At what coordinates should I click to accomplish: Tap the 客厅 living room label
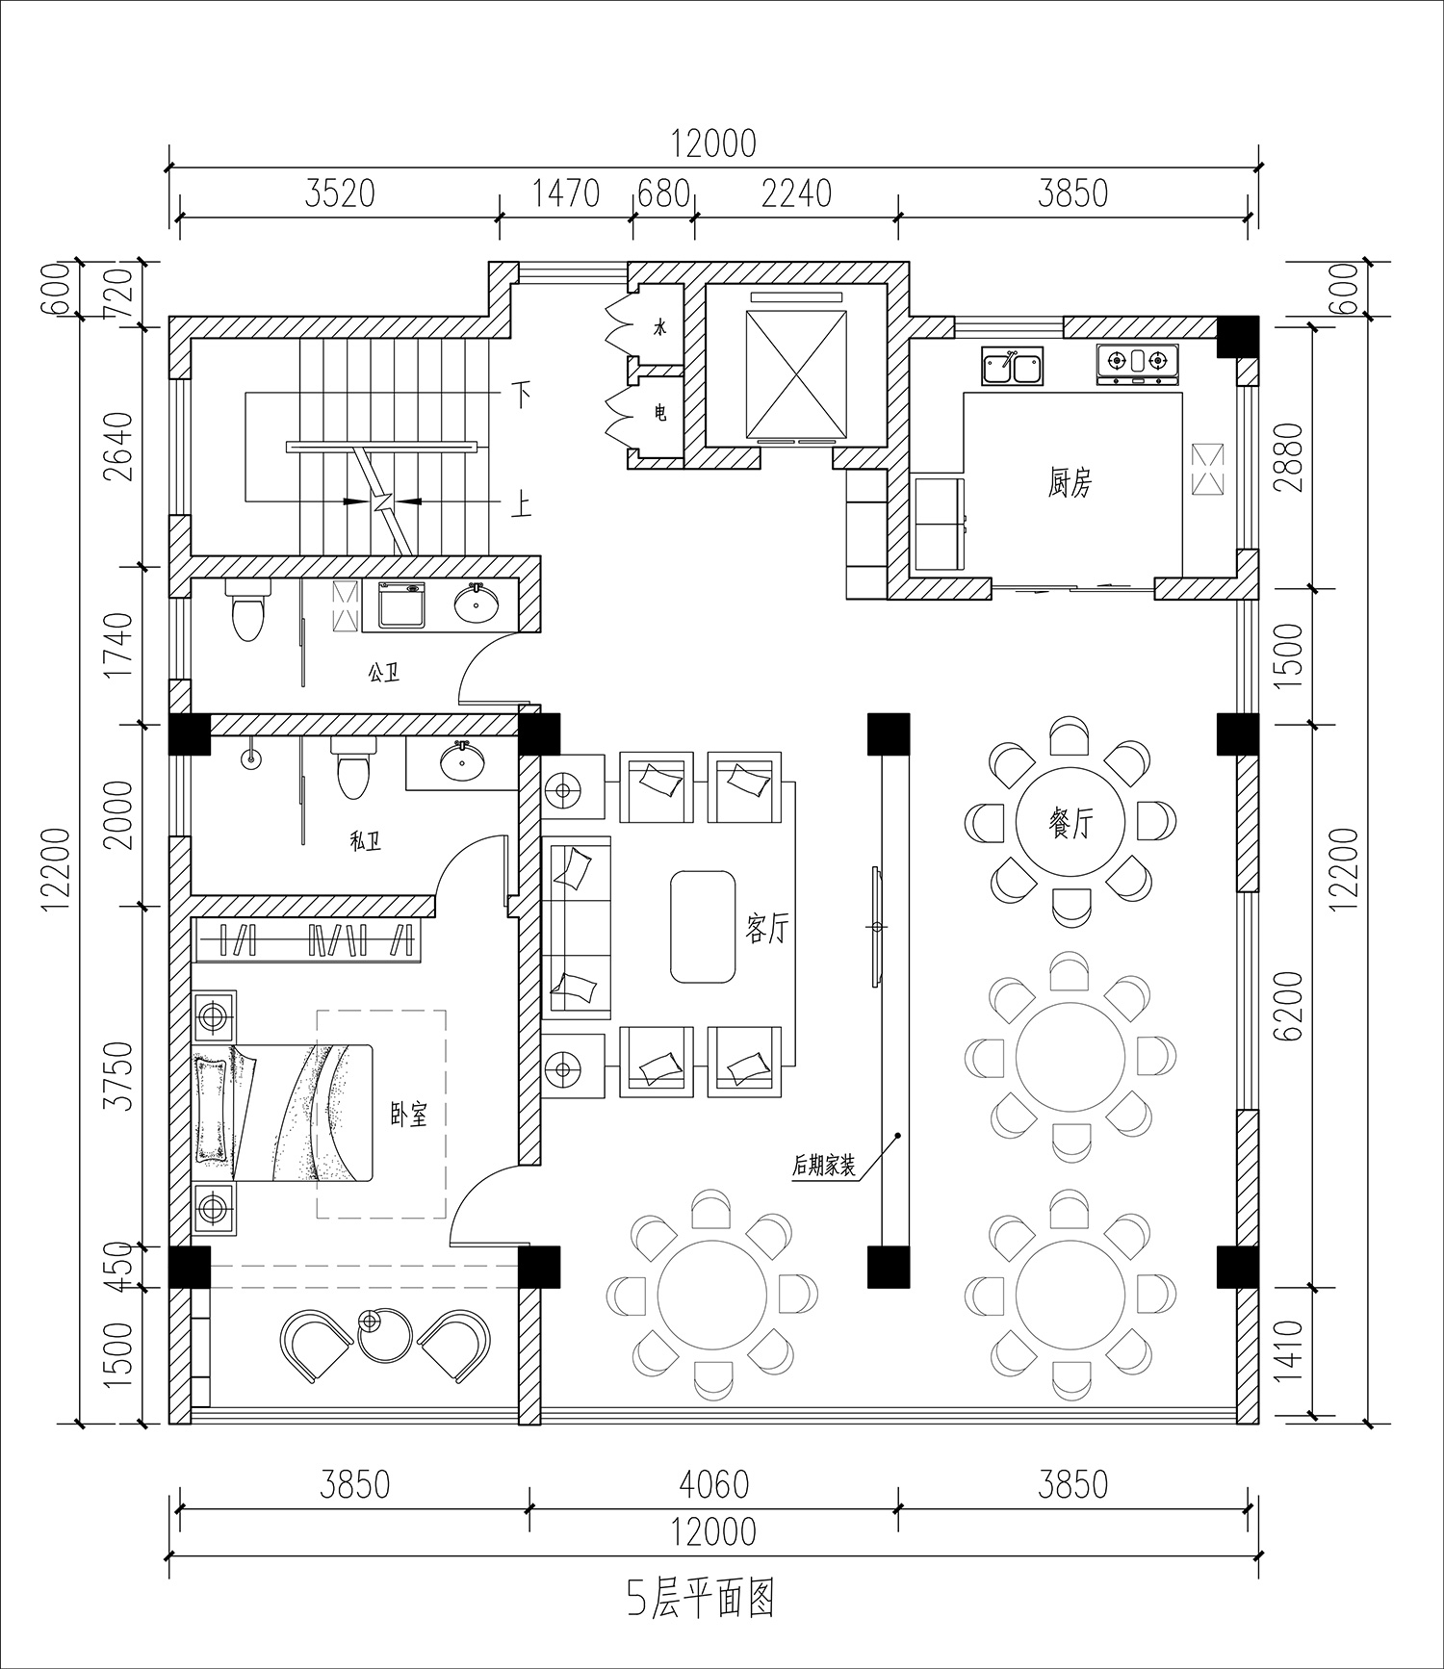[767, 929]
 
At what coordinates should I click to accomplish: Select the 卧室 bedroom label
[408, 1115]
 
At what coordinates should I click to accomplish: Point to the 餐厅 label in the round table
[1070, 823]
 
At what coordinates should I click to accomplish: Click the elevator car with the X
[796, 366]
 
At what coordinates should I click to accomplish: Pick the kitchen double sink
[1012, 367]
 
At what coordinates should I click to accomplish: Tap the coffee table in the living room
[703, 927]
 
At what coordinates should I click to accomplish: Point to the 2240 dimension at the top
[796, 193]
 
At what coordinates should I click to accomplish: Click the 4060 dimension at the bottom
[713, 1485]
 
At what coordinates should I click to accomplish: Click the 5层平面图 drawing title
[702, 1600]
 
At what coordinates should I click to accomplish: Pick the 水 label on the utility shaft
[659, 327]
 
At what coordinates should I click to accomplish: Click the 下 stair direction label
[521, 394]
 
